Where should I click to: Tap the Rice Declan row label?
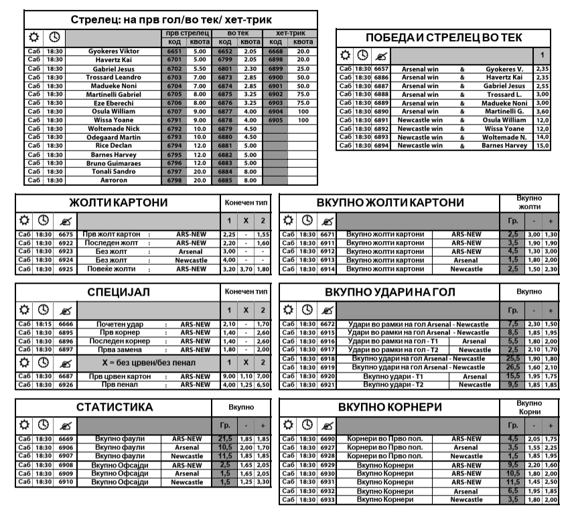111,145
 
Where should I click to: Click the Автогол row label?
111,180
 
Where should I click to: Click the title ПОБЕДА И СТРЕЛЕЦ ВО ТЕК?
443,37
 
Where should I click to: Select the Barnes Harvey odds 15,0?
543,145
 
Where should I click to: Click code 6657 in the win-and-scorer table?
381,69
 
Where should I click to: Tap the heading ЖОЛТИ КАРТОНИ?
119,203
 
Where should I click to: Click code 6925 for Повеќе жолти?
66,269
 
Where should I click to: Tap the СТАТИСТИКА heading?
115,407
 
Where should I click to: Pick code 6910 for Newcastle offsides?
66,482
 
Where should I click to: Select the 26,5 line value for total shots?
513,367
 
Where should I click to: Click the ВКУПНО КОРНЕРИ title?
390,407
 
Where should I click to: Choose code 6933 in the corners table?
327,499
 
